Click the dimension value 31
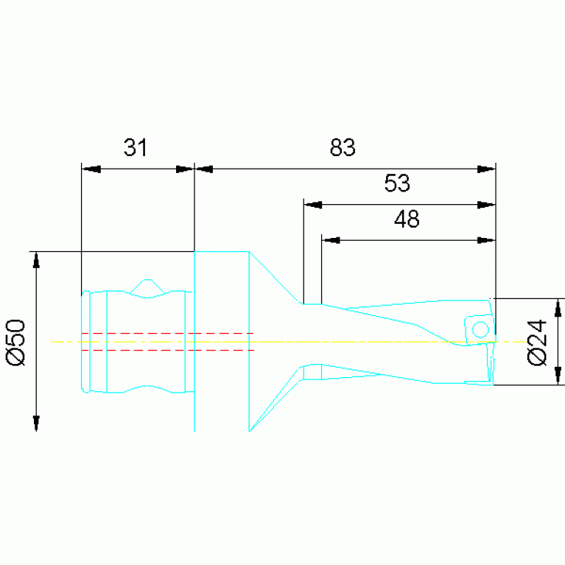[136, 147]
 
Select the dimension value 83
[343, 147]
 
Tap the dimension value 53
[397, 183]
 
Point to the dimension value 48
[407, 219]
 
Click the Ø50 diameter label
[16, 343]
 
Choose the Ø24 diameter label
[537, 343]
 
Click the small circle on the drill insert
[480, 330]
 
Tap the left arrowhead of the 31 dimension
[91, 169]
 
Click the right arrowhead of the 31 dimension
[185, 169]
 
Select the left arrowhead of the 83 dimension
[204, 169]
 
